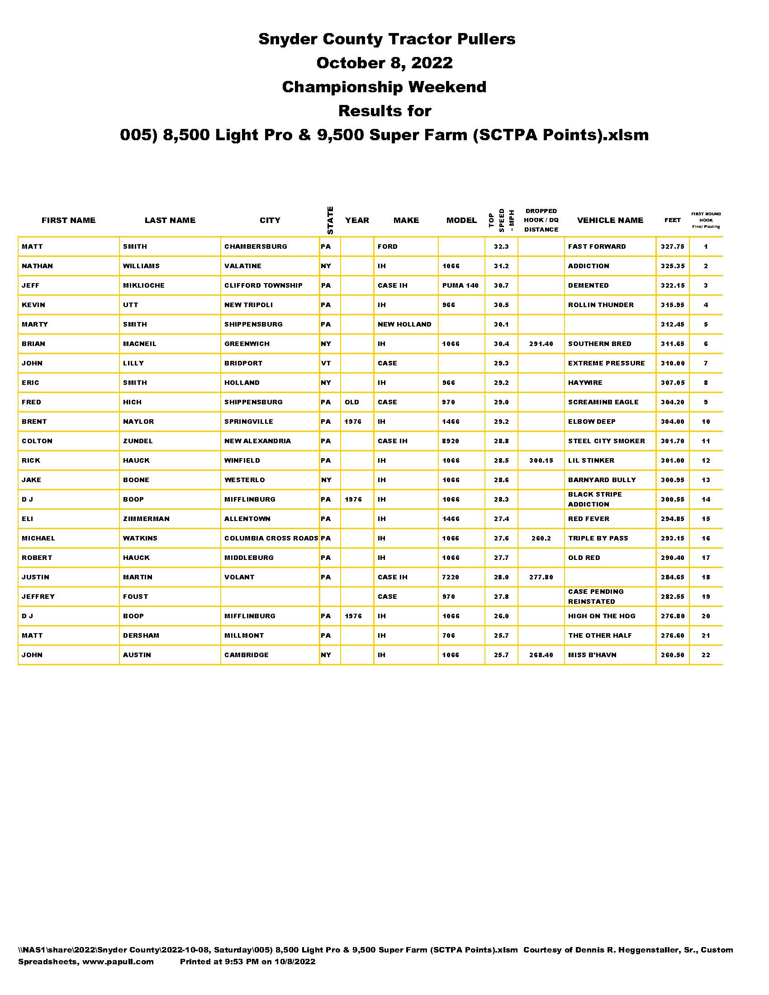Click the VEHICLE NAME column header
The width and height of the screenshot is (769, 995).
610,221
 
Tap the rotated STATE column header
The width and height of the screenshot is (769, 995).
330,221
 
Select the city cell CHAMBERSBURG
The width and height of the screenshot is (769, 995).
256,246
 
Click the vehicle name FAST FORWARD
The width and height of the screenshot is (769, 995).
597,246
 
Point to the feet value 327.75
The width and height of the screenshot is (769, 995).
672,246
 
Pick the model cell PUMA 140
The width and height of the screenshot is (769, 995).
460,286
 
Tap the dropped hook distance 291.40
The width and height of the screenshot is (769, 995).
541,344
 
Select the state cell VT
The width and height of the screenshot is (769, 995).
326,364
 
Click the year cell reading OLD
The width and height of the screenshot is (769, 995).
351,402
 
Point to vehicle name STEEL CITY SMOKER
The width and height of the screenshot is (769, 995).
606,441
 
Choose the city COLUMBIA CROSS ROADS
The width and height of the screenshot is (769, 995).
271,539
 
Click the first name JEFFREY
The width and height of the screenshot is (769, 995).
38,597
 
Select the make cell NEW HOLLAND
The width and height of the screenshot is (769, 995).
404,324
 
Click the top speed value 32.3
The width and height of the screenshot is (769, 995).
501,246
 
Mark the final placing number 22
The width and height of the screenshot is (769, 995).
706,655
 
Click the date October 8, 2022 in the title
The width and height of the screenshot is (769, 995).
384,63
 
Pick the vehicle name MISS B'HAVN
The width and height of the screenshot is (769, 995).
592,655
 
